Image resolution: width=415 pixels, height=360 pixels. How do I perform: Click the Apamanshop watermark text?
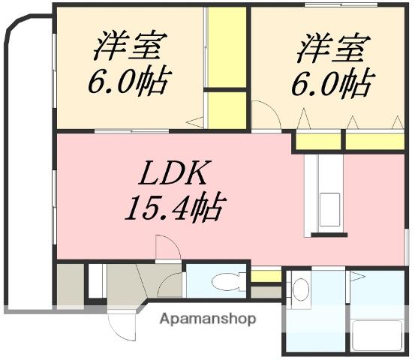pyautogui.click(x=208, y=319)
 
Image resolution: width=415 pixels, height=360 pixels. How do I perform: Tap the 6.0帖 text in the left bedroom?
pyautogui.click(x=128, y=80)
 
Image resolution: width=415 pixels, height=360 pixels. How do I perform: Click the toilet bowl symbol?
pyautogui.click(x=224, y=283)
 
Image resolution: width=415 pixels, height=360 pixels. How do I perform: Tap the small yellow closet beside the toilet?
pyautogui.click(x=266, y=276)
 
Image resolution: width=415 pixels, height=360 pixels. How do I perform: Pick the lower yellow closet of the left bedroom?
pyautogui.click(x=227, y=109)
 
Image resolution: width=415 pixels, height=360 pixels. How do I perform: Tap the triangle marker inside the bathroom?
pyautogui.click(x=357, y=277)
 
